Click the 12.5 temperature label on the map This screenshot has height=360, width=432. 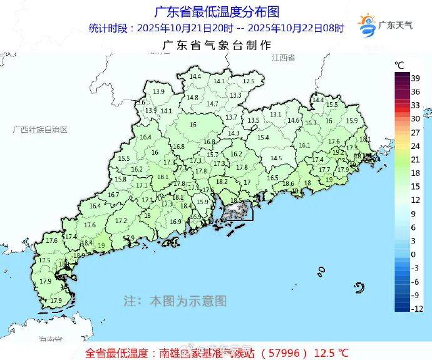pos(249,81)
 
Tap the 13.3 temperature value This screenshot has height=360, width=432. pos(235,95)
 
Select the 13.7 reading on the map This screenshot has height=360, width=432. pos(231,117)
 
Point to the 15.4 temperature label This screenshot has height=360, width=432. pos(263,137)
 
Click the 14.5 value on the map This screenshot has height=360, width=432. pos(276,158)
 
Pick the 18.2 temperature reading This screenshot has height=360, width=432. pos(222,182)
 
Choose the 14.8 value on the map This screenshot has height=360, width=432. pos(192,97)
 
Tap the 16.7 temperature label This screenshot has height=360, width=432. pos(113,195)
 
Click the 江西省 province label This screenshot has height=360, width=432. pos(283,57)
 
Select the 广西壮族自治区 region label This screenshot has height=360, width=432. pos(40,129)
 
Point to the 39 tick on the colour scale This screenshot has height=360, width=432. pos(415,78)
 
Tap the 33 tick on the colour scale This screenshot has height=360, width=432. pos(415,105)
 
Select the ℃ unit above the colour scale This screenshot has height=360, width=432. pos(399,64)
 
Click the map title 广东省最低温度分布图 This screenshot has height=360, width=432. pos(216,11)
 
